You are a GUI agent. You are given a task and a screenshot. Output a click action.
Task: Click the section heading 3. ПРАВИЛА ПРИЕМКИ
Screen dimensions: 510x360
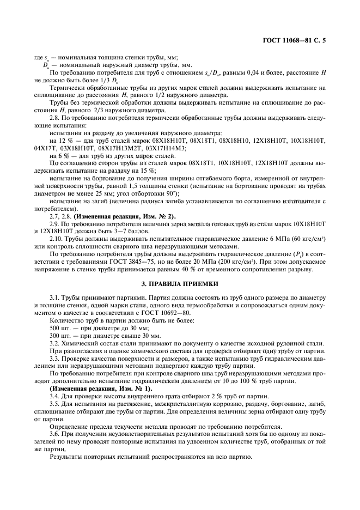tap(180, 284)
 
